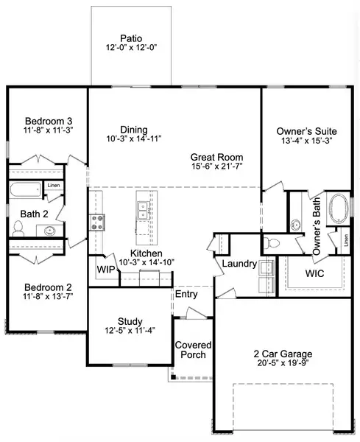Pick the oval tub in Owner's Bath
coord(339,208)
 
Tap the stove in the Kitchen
coord(96,222)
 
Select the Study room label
coord(130,321)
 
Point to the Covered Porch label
coord(193,350)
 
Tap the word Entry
coord(184,295)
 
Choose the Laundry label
coord(239,264)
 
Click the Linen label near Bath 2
coord(54,185)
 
